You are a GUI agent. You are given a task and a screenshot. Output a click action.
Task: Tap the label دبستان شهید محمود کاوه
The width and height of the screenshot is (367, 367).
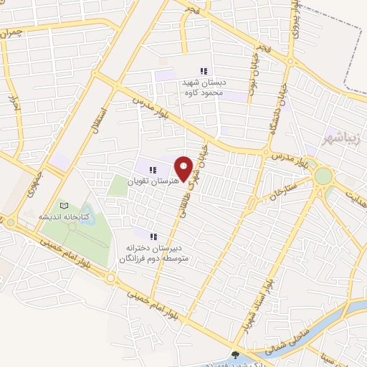pyautogui.click(x=203, y=87)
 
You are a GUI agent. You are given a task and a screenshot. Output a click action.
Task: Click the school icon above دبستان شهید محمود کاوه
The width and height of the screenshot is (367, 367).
pyautogui.click(x=203, y=71)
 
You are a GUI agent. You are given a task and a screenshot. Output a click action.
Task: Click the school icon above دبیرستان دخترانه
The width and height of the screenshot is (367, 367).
pyautogui.click(x=153, y=236)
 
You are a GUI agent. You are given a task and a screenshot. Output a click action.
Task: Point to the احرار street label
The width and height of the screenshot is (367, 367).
pyautogui.click(x=12, y=108)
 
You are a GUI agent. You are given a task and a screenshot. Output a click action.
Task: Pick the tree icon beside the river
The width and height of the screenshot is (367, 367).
pyautogui.click(x=237, y=354)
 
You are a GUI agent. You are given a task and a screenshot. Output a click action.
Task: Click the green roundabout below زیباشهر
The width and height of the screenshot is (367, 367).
pyautogui.click(x=323, y=176)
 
